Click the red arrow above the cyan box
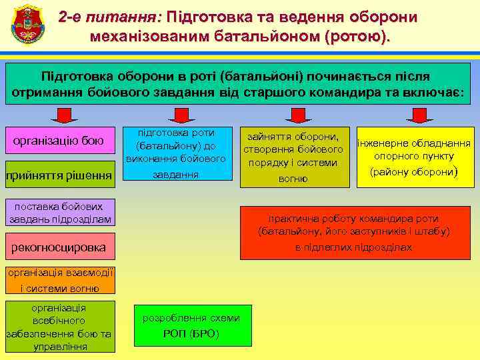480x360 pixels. tap(177, 117)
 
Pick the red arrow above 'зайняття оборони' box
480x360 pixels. tap(293, 117)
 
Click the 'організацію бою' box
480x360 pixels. tap(59, 141)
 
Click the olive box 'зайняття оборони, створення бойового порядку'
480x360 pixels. tap(293, 155)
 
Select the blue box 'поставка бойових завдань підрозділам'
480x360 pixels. tap(54, 212)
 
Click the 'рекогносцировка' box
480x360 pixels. tap(59, 247)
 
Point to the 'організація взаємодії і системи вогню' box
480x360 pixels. tap(59, 280)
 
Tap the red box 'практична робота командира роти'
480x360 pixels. tap(354, 233)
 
